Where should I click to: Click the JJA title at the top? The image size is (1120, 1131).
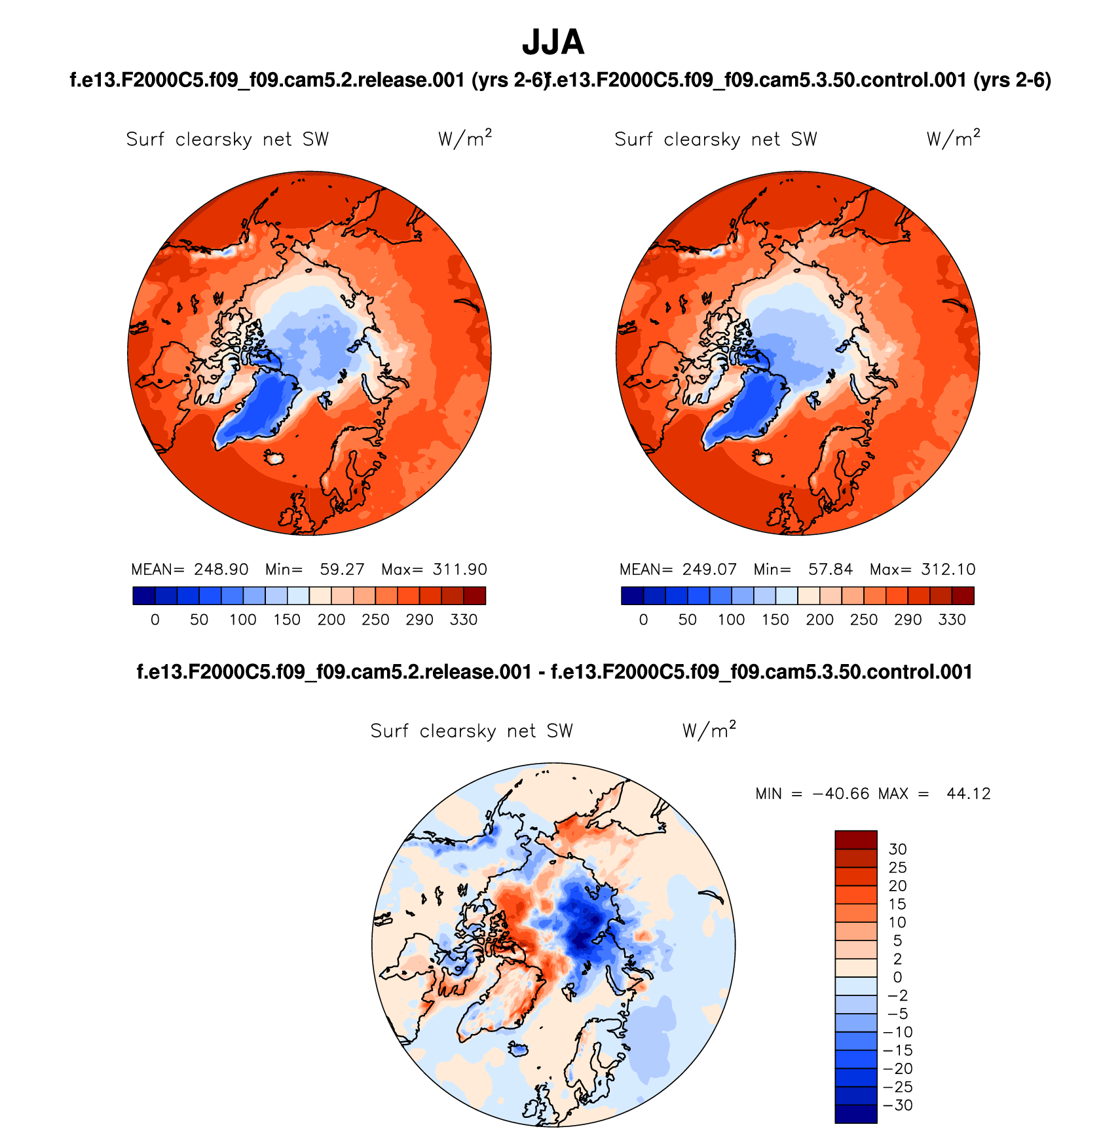(x=553, y=43)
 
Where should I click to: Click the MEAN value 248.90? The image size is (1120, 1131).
(x=221, y=570)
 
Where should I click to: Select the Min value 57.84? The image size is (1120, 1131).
(x=830, y=570)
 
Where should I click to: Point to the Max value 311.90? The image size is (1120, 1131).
(x=460, y=570)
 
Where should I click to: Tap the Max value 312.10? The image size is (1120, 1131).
(x=948, y=570)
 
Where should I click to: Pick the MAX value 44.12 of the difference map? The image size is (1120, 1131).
(x=968, y=794)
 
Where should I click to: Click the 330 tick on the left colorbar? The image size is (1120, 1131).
(x=463, y=620)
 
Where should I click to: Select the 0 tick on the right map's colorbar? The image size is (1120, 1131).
(x=643, y=620)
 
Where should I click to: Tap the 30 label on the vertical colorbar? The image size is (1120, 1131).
(x=897, y=849)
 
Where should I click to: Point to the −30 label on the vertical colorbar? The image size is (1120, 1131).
(x=898, y=1105)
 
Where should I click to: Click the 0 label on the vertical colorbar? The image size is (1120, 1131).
(x=897, y=978)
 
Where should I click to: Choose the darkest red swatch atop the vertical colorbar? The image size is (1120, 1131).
(x=855, y=840)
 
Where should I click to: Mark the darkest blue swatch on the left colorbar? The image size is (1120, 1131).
(x=143, y=596)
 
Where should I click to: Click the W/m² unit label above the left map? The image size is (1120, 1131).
(x=464, y=138)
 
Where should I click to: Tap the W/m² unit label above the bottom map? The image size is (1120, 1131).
(x=709, y=730)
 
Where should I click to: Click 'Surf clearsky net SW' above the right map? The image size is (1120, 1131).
(x=715, y=139)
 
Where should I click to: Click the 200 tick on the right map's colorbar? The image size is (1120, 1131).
(x=819, y=620)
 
